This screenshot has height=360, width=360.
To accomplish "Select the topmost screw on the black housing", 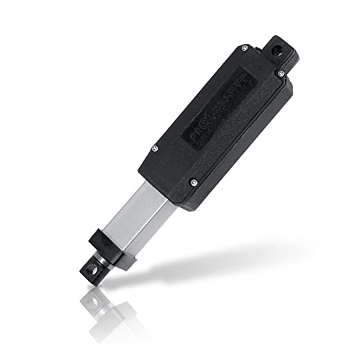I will click(243, 48).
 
